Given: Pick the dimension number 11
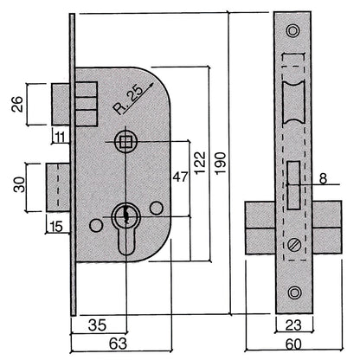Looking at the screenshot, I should click(61, 135).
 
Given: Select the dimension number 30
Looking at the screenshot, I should click(16, 184).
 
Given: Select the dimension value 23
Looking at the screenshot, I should click(294, 325).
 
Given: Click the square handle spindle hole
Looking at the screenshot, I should click(126, 141).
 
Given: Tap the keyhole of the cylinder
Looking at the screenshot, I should click(126, 213).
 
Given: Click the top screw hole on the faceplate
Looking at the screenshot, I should click(294, 32).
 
